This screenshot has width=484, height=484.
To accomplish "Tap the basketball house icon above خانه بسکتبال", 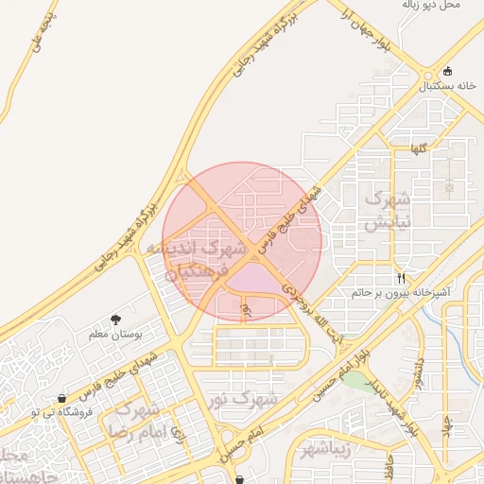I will pos(447,71).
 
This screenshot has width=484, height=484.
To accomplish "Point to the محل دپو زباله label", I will pos(431,5).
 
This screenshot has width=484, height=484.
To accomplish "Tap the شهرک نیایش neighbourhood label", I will pos(388,211).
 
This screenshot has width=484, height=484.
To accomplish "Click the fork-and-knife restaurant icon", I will pos(402,279).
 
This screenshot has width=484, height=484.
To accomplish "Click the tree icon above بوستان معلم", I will pos(115,320).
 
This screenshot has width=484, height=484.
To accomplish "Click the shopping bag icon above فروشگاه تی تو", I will pos(62,398).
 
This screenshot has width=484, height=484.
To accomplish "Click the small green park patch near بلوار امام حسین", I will pos(355,379).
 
